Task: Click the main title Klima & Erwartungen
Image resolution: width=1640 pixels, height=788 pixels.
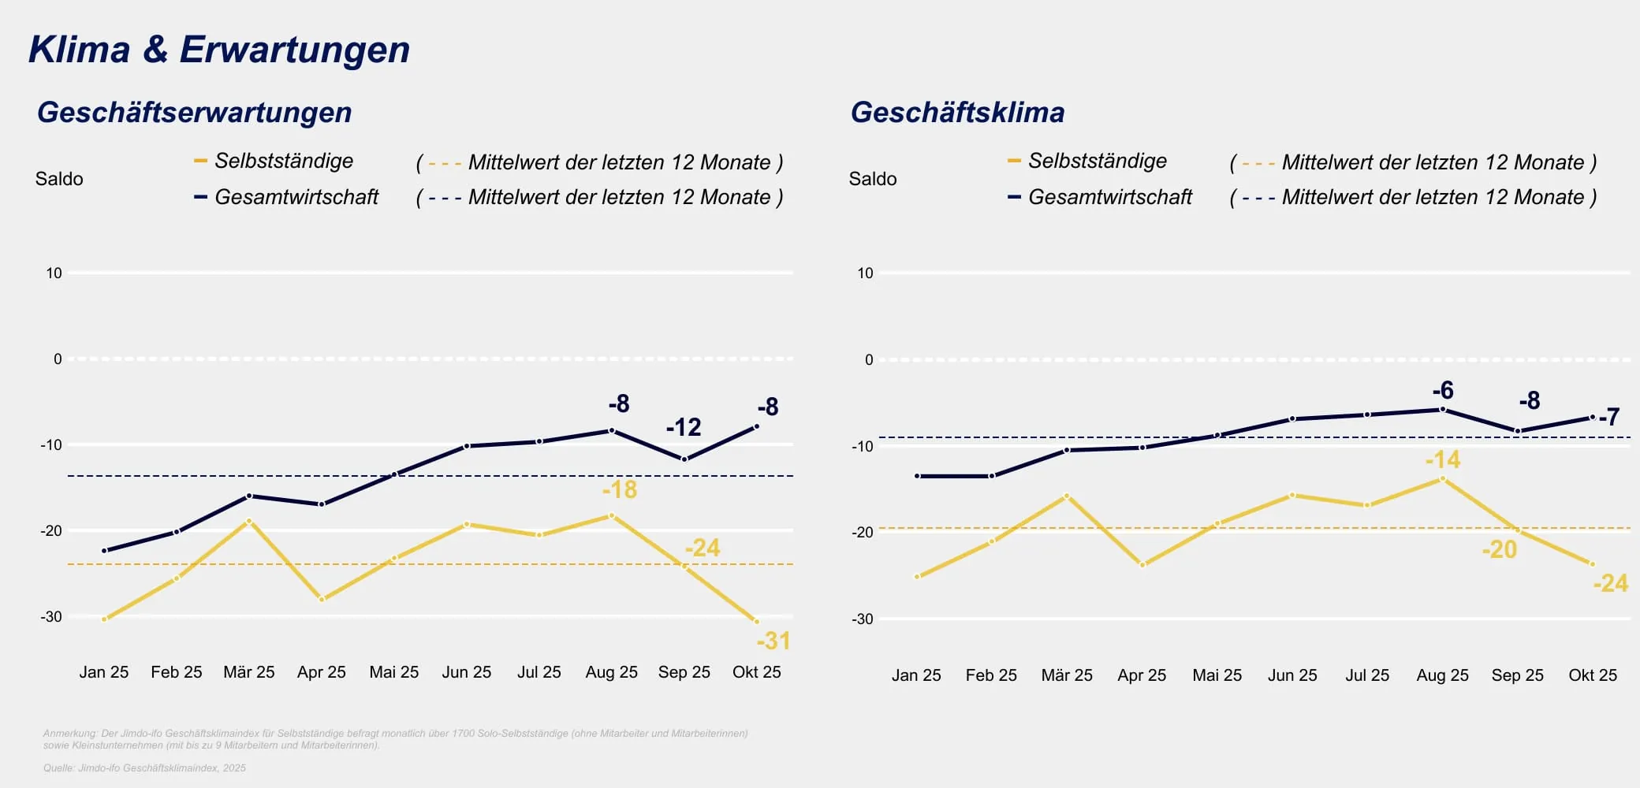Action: [219, 49]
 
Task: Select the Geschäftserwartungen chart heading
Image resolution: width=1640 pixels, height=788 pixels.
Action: [194, 112]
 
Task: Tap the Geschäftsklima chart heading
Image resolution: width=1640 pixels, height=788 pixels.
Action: [957, 112]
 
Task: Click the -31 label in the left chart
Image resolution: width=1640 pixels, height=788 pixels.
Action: [773, 641]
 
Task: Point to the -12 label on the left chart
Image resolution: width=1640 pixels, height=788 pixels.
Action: [683, 427]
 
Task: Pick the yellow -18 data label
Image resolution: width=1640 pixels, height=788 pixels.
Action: [620, 489]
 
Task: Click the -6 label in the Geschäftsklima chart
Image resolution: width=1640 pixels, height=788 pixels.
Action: [1443, 390]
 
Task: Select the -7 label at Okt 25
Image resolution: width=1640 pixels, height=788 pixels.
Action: [1609, 416]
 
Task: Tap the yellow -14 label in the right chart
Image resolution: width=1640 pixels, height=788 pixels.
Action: [1442, 459]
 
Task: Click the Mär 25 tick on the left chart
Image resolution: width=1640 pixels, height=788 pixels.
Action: [248, 672]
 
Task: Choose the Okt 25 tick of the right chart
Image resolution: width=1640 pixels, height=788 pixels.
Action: [1592, 675]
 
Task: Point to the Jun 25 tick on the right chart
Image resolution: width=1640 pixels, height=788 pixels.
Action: [1291, 675]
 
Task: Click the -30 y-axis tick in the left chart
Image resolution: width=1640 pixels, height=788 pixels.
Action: [51, 616]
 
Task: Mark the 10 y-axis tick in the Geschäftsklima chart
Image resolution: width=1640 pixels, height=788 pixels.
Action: [865, 273]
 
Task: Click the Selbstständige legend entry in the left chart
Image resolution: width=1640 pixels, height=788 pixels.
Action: [283, 161]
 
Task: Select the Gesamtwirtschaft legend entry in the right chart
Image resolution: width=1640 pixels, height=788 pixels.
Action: [1109, 197]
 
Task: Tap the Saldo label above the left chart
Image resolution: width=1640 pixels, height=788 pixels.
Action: [59, 179]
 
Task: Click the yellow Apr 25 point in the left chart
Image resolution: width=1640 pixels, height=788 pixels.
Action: [322, 600]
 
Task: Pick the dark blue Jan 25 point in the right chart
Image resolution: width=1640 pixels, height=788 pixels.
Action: [917, 476]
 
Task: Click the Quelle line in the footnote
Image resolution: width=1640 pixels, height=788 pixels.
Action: [144, 768]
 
